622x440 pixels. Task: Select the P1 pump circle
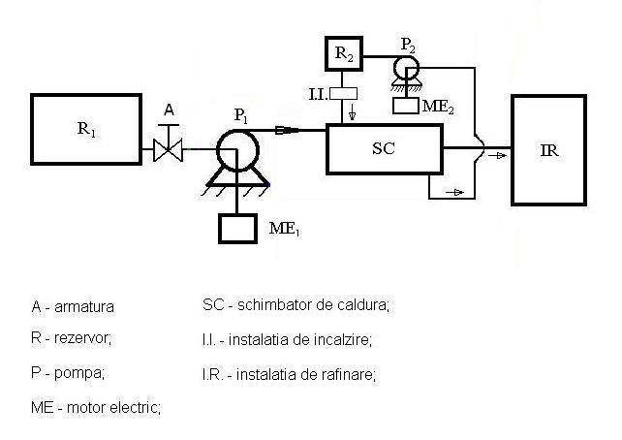237,150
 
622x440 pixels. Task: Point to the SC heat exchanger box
384,149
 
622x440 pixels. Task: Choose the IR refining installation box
548,150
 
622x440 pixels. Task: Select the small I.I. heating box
344,94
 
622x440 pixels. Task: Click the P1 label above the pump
241,116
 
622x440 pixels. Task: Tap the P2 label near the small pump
408,45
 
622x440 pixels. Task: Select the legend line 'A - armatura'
73,306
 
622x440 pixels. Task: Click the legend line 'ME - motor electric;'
96,407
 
